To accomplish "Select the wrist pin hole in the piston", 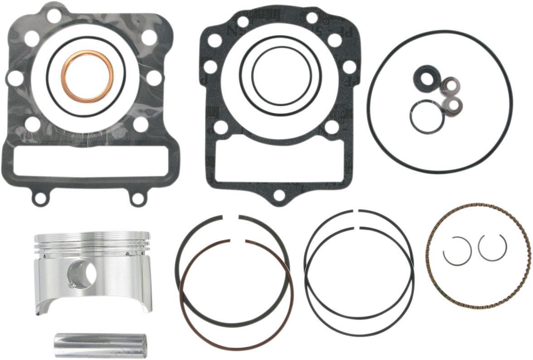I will pyautogui.click(x=82, y=272).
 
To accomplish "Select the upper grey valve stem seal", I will pyautogui.click(x=449, y=86).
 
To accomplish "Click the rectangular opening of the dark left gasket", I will pyautogui.click(x=91, y=162).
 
